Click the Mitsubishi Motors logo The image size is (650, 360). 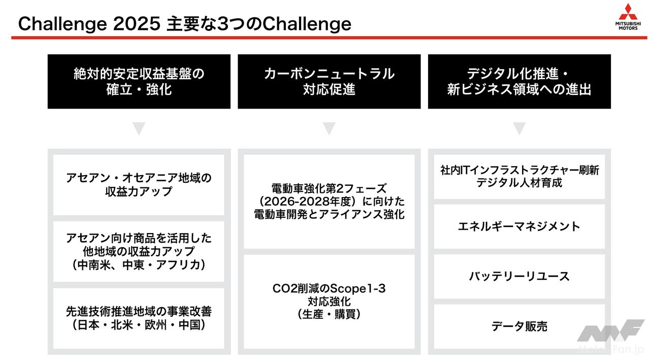click(628, 17)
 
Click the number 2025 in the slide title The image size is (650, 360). click(137, 23)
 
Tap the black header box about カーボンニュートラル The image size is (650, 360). click(329, 82)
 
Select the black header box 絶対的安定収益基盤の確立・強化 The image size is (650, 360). click(139, 82)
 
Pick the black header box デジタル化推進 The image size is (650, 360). click(519, 82)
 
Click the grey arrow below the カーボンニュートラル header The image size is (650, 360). click(329, 128)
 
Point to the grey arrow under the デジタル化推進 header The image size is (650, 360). click(519, 128)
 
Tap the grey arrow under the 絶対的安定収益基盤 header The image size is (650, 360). click(139, 128)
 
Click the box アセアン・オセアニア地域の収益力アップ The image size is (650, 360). click(139, 185)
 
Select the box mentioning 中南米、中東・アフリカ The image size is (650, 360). click(139, 251)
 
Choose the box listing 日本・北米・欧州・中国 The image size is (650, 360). click(139, 318)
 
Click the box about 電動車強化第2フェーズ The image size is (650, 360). click(329, 202)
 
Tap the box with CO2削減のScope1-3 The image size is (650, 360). click(329, 302)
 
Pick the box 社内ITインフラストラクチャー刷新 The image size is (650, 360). click(519, 177)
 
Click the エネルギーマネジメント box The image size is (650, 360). click(519, 226)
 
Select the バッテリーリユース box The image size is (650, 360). click(519, 276)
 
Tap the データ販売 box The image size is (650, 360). click(519, 326)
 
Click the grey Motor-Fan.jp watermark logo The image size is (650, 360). click(611, 337)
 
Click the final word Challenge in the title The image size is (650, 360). click(307, 24)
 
